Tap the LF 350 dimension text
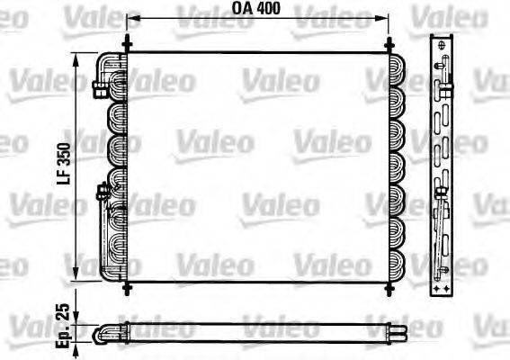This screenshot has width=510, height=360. tap(66, 167)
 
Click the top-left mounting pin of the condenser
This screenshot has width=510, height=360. tap(127, 44)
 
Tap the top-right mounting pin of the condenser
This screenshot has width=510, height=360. tap(389, 44)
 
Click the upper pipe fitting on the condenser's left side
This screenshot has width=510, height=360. tap(99, 86)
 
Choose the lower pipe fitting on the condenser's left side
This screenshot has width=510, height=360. tap(102, 190)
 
